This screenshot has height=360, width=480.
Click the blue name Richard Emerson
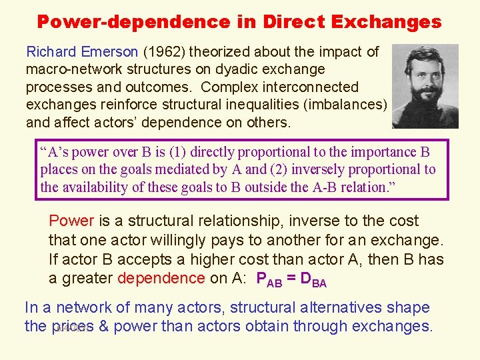[82, 52]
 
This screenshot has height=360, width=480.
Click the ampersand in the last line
[105, 326]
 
